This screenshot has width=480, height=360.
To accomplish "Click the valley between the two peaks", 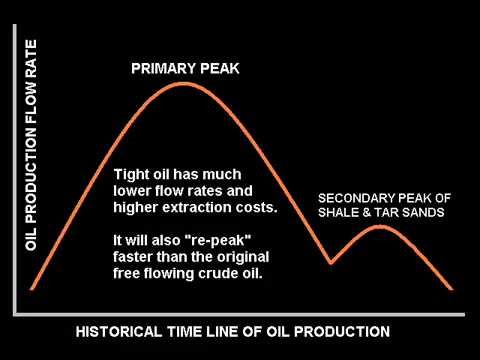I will pyautogui.click(x=331, y=263).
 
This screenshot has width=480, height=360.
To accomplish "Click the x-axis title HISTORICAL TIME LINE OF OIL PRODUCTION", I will pyautogui.click(x=233, y=330).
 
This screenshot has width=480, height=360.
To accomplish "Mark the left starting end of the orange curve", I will pyautogui.click(x=32, y=289).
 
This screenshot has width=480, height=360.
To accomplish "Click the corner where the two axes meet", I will pyautogui.click(x=19, y=305).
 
